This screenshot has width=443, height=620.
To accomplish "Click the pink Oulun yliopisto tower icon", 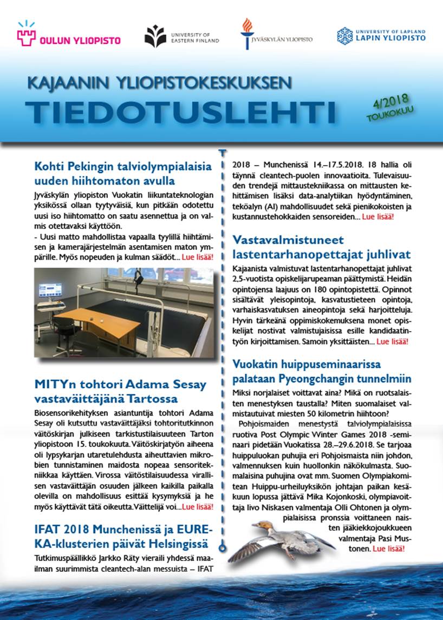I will [25, 36].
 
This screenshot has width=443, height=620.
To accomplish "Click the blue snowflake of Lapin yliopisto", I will [344, 36].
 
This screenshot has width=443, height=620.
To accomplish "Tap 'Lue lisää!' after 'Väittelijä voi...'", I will [198, 507].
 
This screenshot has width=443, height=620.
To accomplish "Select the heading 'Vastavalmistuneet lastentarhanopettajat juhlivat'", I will [322, 246].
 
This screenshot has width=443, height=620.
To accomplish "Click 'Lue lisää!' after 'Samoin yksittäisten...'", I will [392, 341].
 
